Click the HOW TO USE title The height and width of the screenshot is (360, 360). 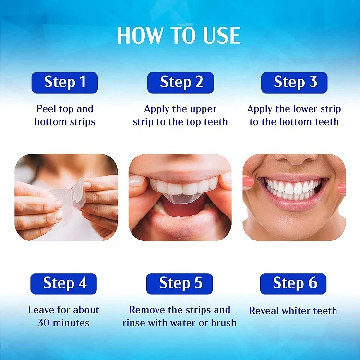coord(179,36)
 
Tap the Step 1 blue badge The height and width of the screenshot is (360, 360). coord(65,82)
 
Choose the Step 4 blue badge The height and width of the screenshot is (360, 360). coord(65,283)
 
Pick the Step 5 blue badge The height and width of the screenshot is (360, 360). coord(180,283)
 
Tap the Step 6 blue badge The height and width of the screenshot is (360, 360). coord(295,283)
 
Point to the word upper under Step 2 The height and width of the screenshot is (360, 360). coord(203,109)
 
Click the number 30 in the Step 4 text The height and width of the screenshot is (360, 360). coord(44,323)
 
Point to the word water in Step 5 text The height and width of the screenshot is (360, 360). coord(188,323)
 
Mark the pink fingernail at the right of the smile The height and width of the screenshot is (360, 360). coord(341,187)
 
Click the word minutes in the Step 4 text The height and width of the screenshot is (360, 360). coord(72,323)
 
